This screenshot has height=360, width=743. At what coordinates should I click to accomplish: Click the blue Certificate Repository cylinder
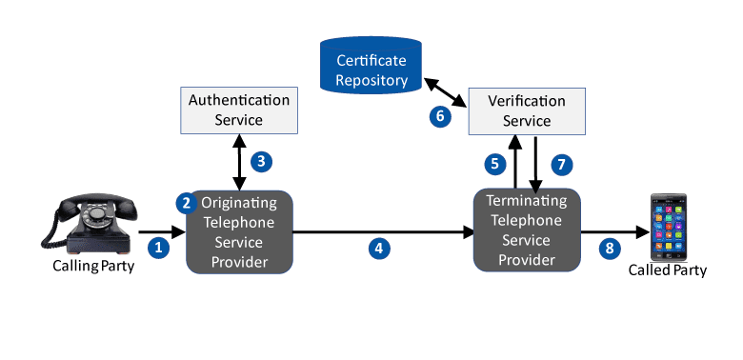pos(371,65)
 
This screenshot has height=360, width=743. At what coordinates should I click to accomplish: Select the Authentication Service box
pos(239,110)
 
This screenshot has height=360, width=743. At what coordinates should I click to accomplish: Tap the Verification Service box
pos(527,110)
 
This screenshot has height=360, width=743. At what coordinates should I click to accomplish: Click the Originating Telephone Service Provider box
pos(239,232)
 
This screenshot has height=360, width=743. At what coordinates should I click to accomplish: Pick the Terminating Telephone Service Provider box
pos(527,230)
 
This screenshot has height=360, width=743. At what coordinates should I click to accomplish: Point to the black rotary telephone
pos(90,223)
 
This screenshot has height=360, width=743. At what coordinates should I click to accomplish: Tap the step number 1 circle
pos(159,248)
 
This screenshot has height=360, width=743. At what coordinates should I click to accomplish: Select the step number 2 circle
pos(187,203)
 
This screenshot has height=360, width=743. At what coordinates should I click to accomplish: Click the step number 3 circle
pos(261,162)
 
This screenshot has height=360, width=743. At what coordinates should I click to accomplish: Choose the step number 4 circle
pos(379,249)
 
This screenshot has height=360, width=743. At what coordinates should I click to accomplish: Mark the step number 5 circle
pos(495,164)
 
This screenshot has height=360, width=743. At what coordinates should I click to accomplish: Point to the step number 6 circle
pos(440,116)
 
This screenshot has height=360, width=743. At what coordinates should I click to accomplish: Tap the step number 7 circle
pos(561,165)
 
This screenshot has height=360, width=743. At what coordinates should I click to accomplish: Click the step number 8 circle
pos(610,249)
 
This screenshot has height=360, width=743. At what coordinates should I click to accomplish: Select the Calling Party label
pos(93,266)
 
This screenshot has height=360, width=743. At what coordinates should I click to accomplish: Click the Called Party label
pos(667,270)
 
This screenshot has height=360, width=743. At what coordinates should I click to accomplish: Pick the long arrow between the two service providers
pos(383,232)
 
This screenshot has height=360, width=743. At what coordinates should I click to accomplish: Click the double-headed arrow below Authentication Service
pos(239,162)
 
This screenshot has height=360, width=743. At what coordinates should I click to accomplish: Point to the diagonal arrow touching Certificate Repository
pos(445,92)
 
